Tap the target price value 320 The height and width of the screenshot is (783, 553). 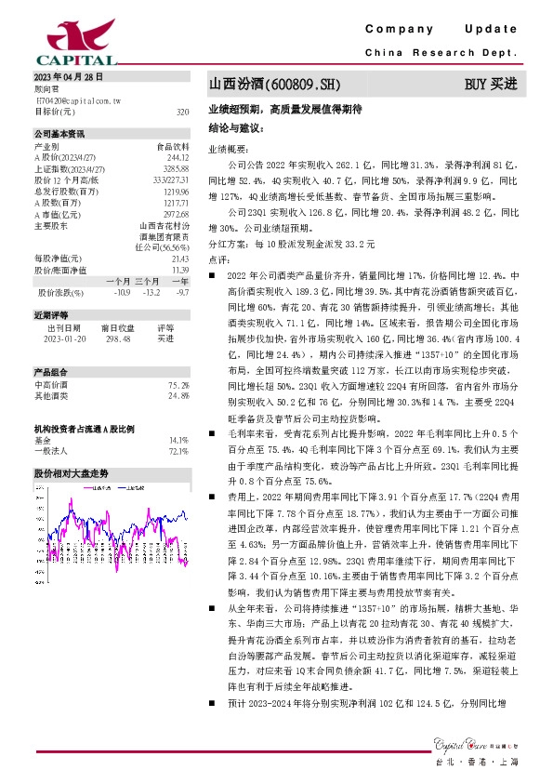[x=182, y=111]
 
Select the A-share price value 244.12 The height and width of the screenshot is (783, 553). [x=178, y=157]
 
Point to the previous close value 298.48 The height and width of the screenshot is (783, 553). [x=117, y=338]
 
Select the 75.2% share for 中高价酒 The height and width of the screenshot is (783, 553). [x=178, y=384]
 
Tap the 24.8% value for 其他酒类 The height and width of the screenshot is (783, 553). [x=178, y=394]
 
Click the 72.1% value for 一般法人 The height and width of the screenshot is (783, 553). [x=178, y=450]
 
